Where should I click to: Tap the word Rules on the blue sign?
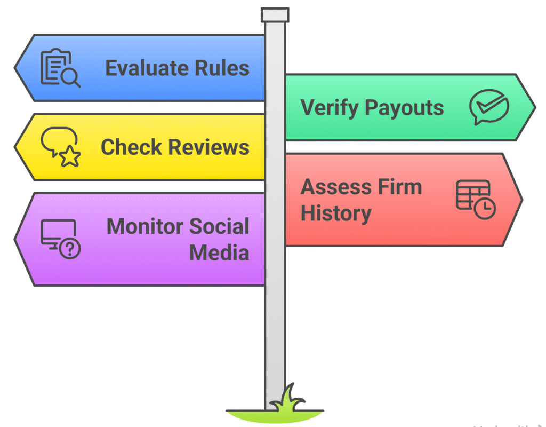[x=223, y=68]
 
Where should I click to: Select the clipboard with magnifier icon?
[x=60, y=68]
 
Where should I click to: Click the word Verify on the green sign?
[x=330, y=108]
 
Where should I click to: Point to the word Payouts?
[x=404, y=108]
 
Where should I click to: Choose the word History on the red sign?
[x=336, y=213]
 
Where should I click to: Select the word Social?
[x=219, y=226]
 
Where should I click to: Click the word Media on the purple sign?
[x=219, y=252]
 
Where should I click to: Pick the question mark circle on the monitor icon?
[x=69, y=249]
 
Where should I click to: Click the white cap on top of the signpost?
[x=275, y=15]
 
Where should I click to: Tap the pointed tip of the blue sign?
[x=16, y=68]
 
